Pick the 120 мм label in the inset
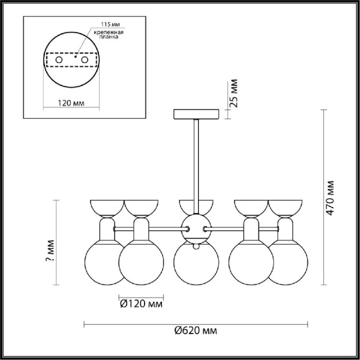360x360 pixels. tap(73, 103)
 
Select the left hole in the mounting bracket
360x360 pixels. tap(59, 61)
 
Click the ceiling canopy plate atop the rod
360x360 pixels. tap(196, 114)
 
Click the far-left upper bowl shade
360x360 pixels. tap(106, 208)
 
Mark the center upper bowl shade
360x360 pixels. tap(196, 205)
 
